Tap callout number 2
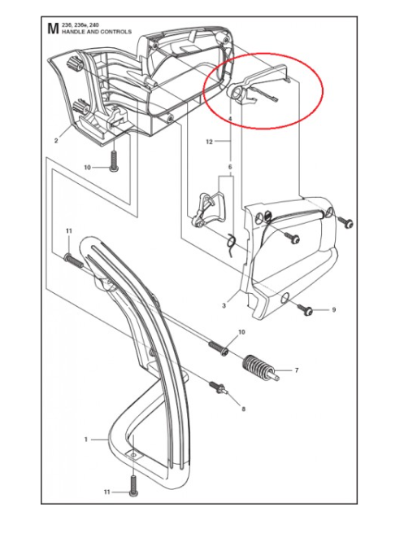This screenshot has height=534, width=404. click(x=56, y=141)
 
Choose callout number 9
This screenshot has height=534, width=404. click(x=333, y=310)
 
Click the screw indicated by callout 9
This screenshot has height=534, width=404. click(x=306, y=309)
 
